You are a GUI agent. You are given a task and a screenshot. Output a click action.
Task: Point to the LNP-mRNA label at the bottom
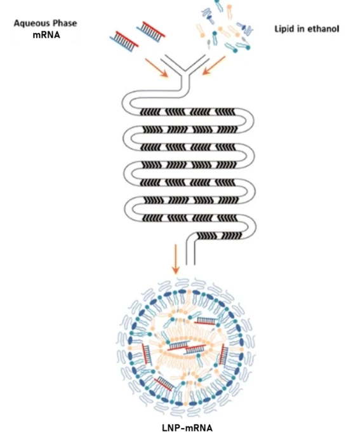click(179, 427)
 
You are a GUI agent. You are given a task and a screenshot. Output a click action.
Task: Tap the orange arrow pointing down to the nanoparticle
click(175, 263)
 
